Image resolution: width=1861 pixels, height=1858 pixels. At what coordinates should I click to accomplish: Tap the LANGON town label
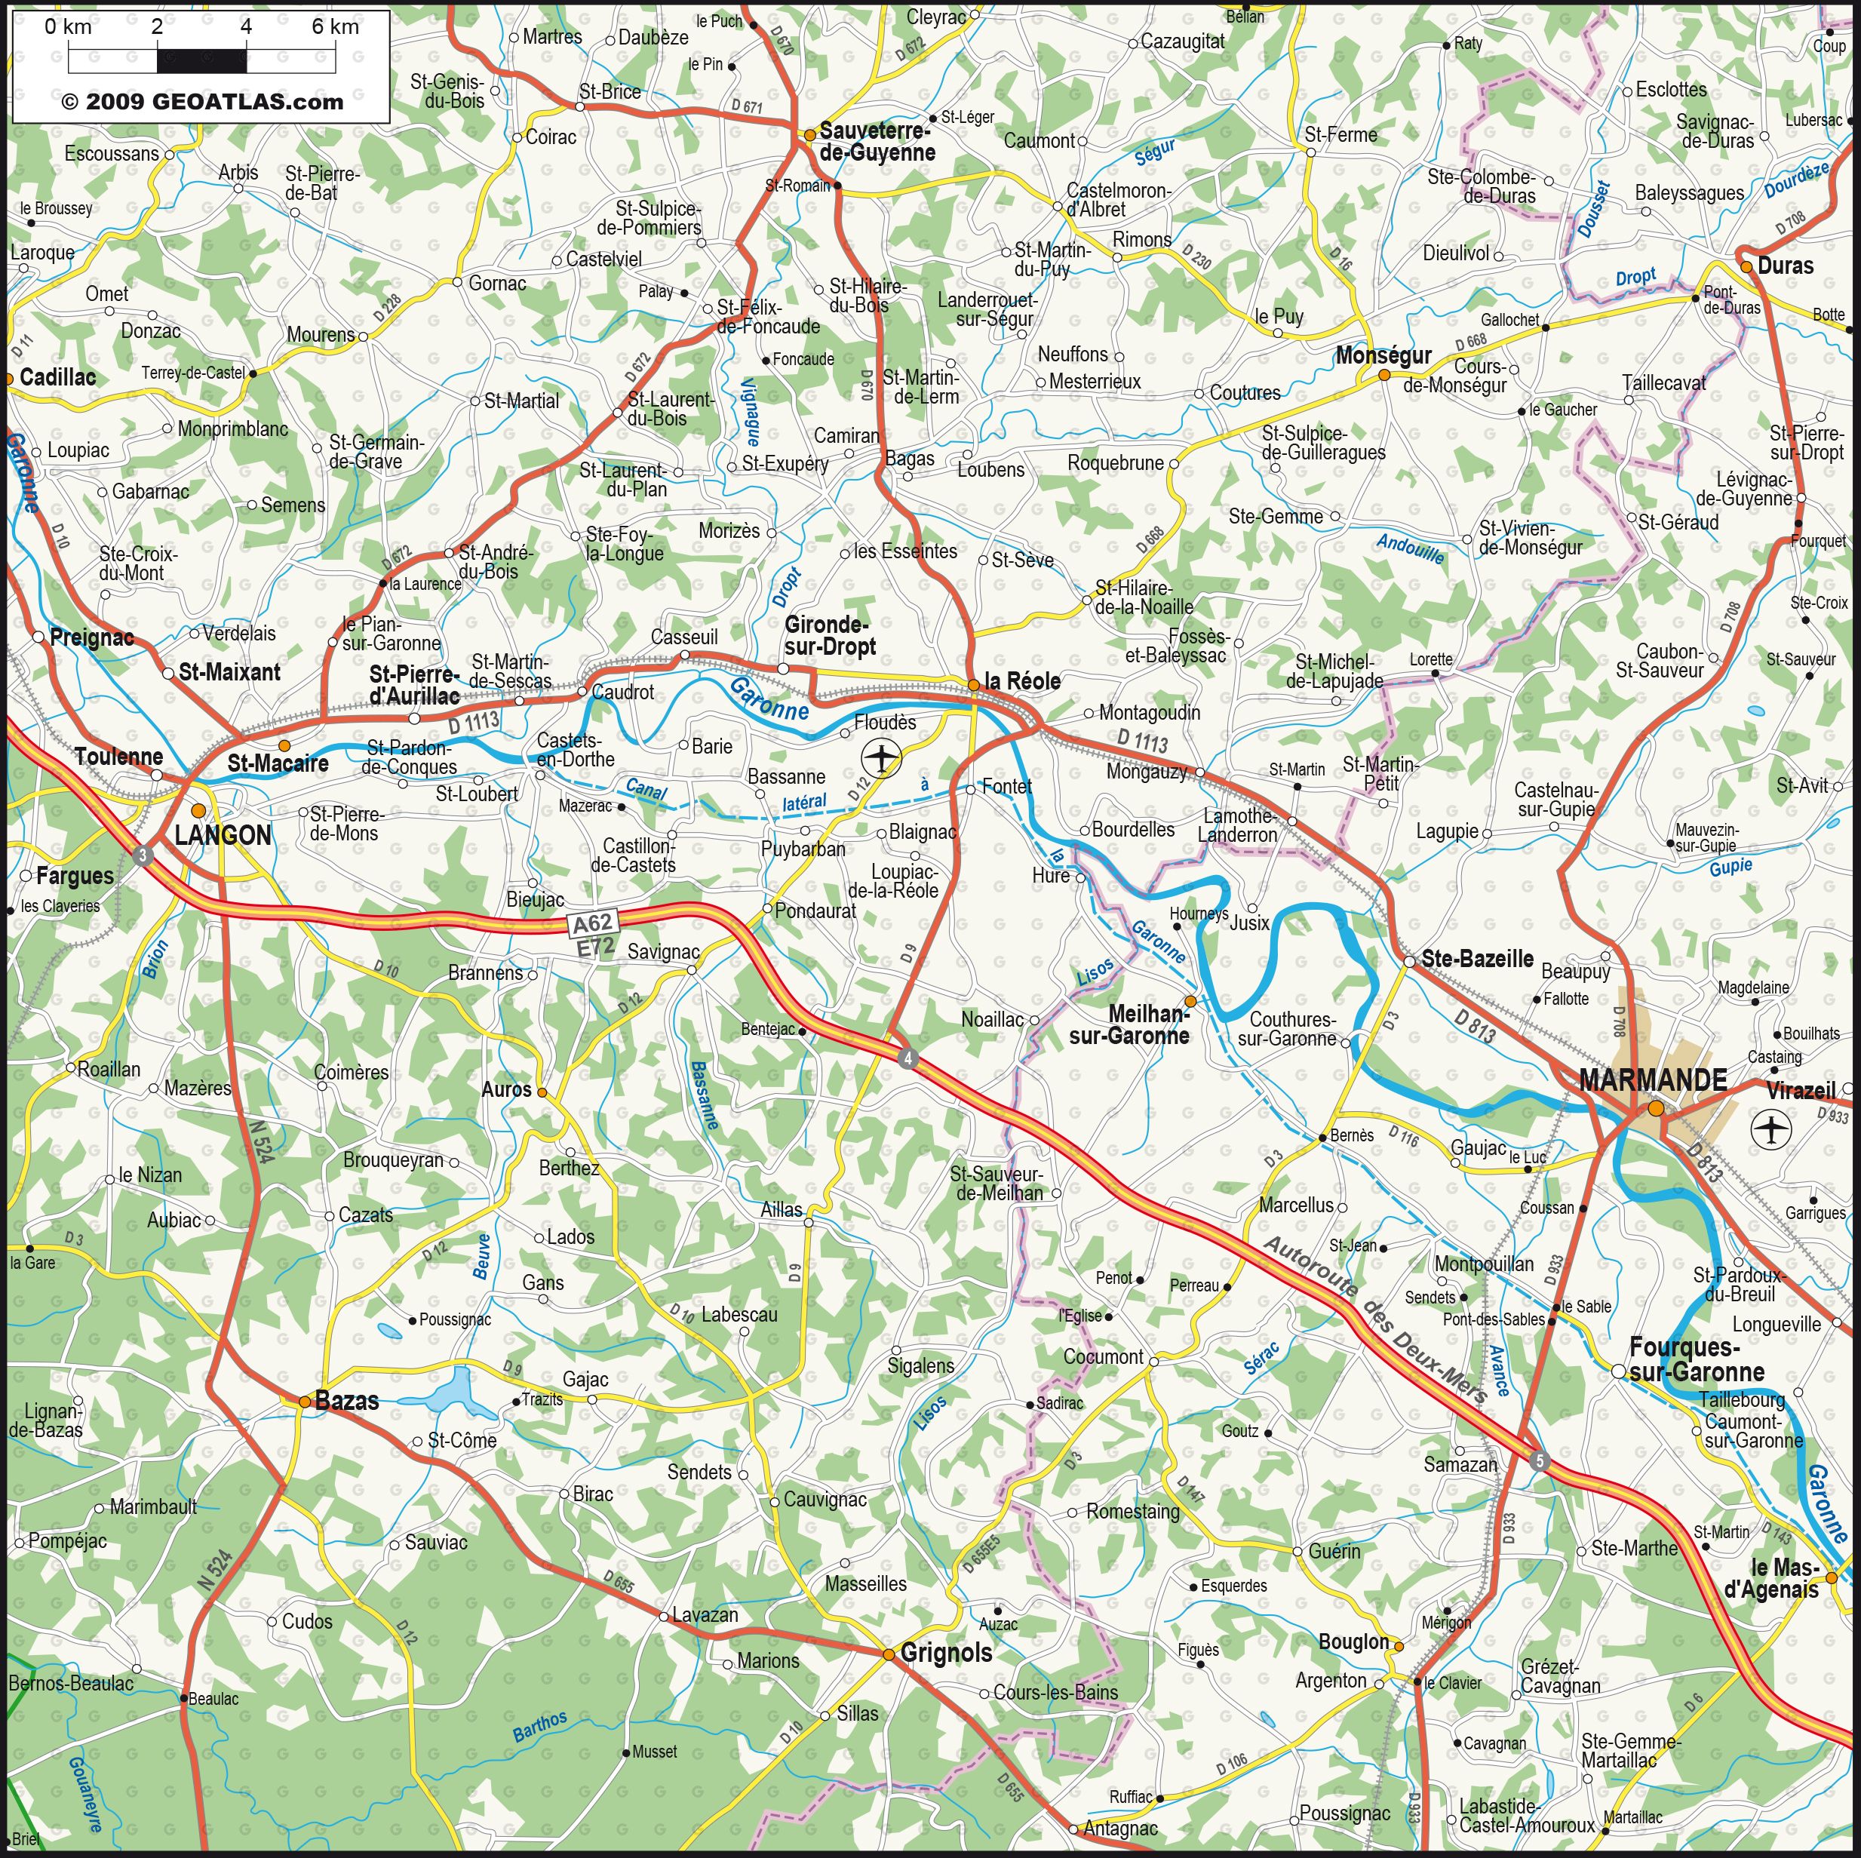[x=223, y=835]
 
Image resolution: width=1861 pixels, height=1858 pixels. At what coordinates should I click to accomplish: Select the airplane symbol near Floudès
[x=881, y=757]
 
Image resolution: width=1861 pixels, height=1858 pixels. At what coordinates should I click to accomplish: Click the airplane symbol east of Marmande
[x=1771, y=1128]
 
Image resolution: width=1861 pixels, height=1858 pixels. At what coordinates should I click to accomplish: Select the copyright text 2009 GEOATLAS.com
[x=202, y=102]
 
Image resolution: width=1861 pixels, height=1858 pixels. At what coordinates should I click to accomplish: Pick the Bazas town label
[x=347, y=1402]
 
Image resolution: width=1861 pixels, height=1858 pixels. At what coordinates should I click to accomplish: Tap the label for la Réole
[x=1021, y=681]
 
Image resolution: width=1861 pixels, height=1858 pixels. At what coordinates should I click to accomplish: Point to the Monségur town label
[x=1383, y=355]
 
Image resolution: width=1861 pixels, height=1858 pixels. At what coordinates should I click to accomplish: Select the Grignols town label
[x=946, y=1653]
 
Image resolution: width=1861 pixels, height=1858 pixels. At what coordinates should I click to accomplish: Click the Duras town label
[x=1785, y=266]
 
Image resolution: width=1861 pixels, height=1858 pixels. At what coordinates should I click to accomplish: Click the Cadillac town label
[x=58, y=376]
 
